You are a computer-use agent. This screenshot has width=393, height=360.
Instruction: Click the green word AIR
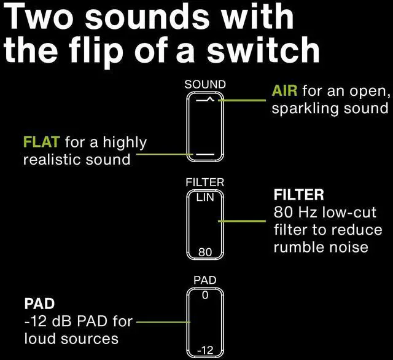point(284,92)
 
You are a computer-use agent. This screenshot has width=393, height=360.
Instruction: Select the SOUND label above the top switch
point(205,84)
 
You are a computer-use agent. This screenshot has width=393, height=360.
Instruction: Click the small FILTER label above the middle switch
point(205,183)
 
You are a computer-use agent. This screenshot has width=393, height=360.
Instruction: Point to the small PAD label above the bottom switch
point(205,280)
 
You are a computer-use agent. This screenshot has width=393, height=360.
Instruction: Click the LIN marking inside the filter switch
point(205,198)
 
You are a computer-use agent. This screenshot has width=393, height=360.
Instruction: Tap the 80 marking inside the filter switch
point(205,252)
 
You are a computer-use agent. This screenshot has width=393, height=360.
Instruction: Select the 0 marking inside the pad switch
point(205,295)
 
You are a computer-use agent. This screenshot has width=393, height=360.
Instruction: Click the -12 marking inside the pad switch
point(205,350)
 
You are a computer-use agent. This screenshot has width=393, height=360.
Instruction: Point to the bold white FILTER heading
point(298,195)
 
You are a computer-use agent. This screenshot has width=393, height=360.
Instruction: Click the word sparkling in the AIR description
point(299,109)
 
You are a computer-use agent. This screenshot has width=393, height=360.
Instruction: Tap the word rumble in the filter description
point(294,248)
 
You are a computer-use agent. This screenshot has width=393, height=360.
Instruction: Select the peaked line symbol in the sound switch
point(205,99)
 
